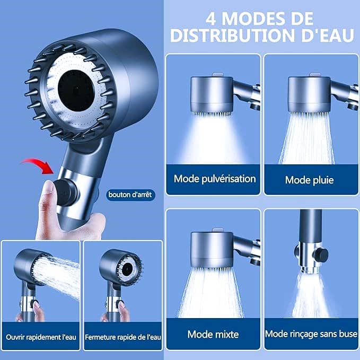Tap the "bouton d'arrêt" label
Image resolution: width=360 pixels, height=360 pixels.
point(130,195)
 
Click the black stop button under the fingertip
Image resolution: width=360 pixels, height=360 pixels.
point(66,192)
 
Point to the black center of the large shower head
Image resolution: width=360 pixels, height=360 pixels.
point(76,91)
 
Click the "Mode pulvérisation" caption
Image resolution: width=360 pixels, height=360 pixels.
point(215,179)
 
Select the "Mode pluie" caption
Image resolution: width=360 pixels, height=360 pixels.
point(309,180)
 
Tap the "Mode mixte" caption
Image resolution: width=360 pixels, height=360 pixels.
point(213,334)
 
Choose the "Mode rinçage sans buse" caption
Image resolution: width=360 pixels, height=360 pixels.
point(311,334)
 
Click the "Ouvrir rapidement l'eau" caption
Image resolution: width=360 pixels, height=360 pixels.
point(41,337)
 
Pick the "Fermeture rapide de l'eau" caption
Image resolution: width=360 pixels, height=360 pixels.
point(123,337)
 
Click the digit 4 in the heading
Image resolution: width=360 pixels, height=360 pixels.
point(211,19)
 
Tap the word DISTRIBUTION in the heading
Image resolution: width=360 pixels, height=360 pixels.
point(232,36)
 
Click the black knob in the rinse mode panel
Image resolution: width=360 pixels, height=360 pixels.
point(321,256)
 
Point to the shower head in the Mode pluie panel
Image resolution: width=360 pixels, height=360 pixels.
point(309,94)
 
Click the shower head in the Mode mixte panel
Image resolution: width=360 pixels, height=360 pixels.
point(212,249)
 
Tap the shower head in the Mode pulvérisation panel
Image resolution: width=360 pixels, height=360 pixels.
point(212,94)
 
